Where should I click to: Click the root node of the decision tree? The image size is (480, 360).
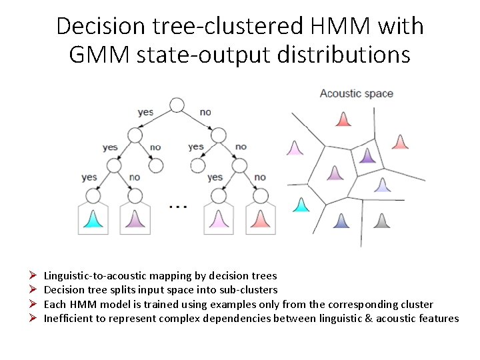tap(177, 104)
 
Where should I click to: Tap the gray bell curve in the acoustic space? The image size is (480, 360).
tap(381, 221)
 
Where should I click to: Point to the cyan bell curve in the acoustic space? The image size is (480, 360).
tap(302, 205)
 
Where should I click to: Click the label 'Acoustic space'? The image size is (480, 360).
tap(357, 93)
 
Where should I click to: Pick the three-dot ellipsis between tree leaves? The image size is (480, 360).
tap(177, 207)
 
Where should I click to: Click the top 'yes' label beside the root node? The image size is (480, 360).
tap(145, 111)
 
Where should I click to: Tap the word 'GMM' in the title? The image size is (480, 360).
tap(101, 54)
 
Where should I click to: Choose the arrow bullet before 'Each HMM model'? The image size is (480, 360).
tap(32, 304)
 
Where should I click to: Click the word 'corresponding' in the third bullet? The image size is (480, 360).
tap(370, 304)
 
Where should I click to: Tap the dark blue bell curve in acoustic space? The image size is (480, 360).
tap(341, 221)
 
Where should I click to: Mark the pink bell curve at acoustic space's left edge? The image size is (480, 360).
tap(295, 148)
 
